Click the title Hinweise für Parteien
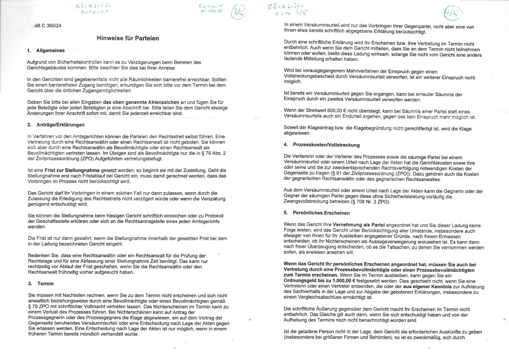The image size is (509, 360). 128,38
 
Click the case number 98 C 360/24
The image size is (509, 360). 48,26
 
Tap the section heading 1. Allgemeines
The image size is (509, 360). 46,50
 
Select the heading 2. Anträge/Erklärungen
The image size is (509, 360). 56,125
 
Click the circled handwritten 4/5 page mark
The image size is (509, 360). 453,13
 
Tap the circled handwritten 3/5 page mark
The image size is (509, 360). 238,12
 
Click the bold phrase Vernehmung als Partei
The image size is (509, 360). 359,225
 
